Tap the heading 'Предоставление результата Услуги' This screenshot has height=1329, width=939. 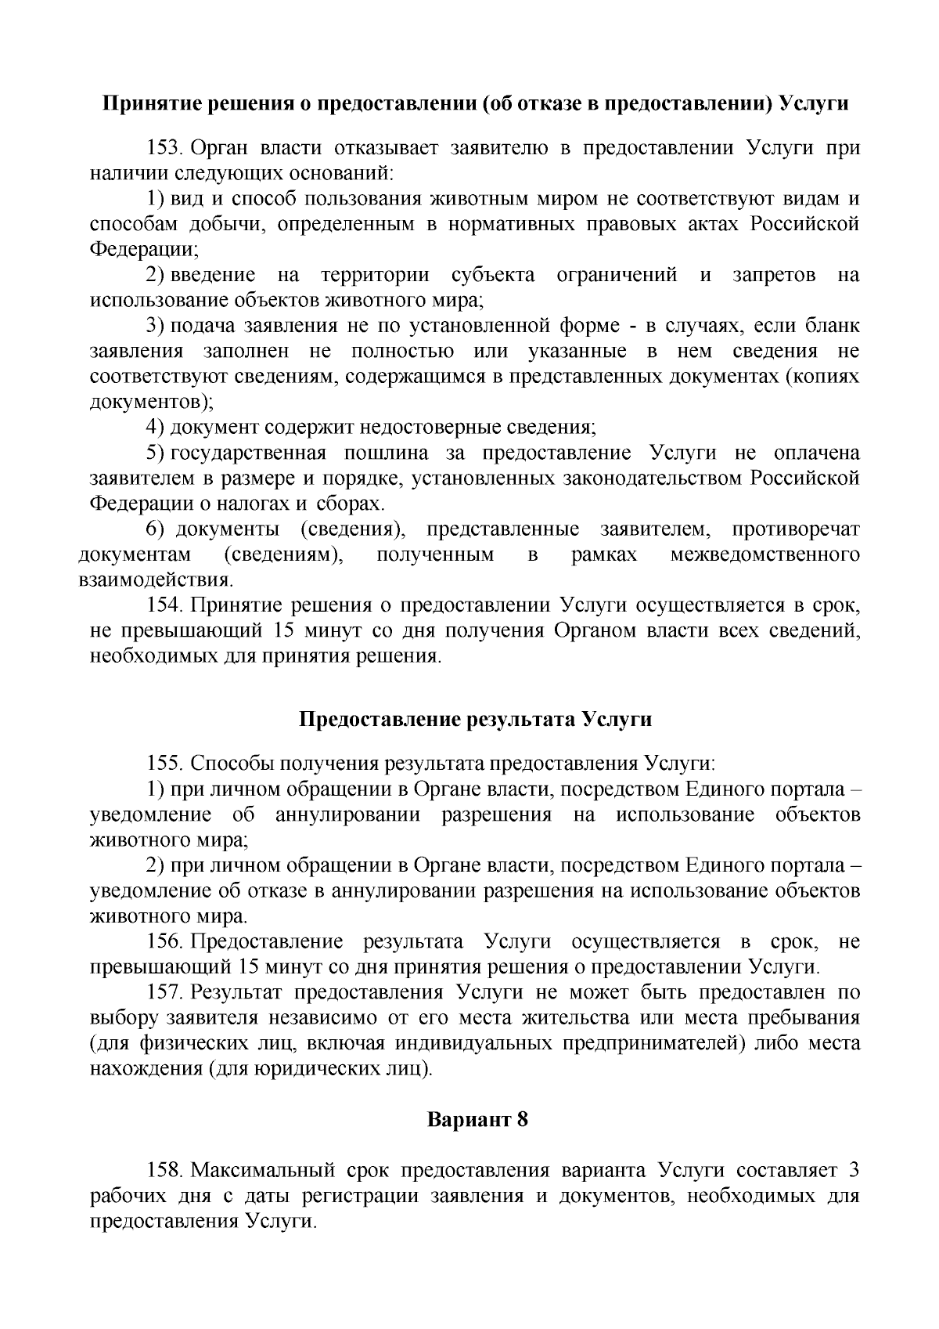(476, 720)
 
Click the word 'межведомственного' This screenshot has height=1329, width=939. (765, 555)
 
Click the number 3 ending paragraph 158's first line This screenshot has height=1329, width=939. (854, 1171)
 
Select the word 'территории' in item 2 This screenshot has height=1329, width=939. (374, 275)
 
